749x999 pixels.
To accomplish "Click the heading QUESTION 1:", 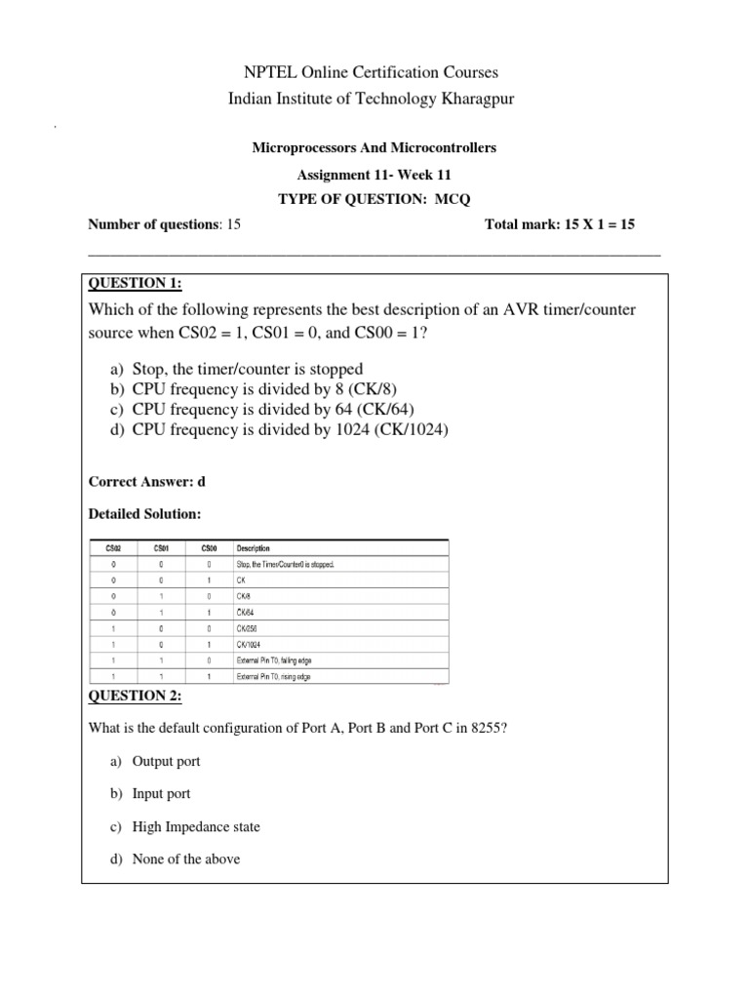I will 135,283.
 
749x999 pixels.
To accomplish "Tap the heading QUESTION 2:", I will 135,695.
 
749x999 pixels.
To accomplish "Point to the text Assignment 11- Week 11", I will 374,175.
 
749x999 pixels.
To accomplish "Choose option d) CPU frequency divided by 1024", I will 278,430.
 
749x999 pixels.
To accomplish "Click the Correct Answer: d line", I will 147,482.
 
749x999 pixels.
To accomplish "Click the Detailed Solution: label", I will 145,513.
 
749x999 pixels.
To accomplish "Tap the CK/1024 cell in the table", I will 253,644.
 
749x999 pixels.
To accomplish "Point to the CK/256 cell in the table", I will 251,628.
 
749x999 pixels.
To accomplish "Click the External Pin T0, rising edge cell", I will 274,676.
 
